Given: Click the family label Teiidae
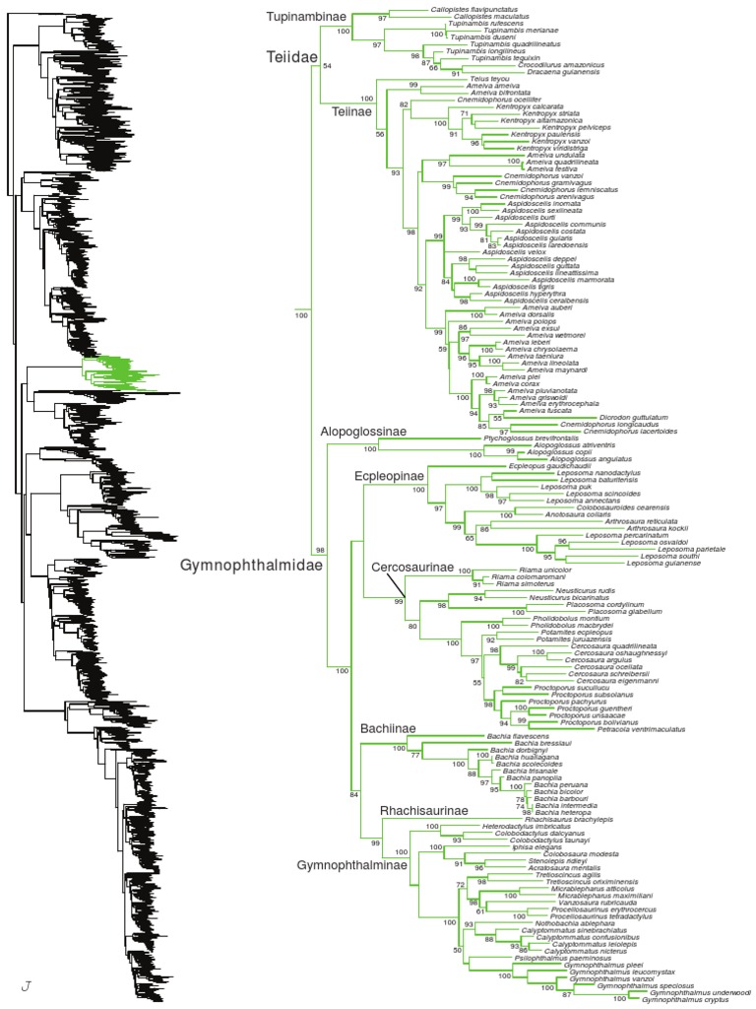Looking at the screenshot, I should pyautogui.click(x=291, y=59).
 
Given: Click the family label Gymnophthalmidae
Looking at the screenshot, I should pyautogui.click(x=239, y=566).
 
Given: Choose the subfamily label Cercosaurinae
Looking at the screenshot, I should pyautogui.click(x=411, y=567).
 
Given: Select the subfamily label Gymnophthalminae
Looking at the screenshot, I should pyautogui.click(x=345, y=864).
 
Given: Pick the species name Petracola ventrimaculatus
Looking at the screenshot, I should pyautogui.click(x=642, y=728).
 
